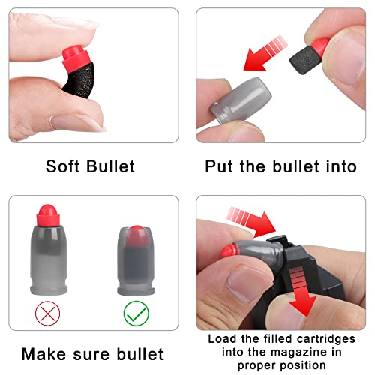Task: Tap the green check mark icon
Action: (136, 313)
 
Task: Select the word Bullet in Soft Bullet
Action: (111, 166)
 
